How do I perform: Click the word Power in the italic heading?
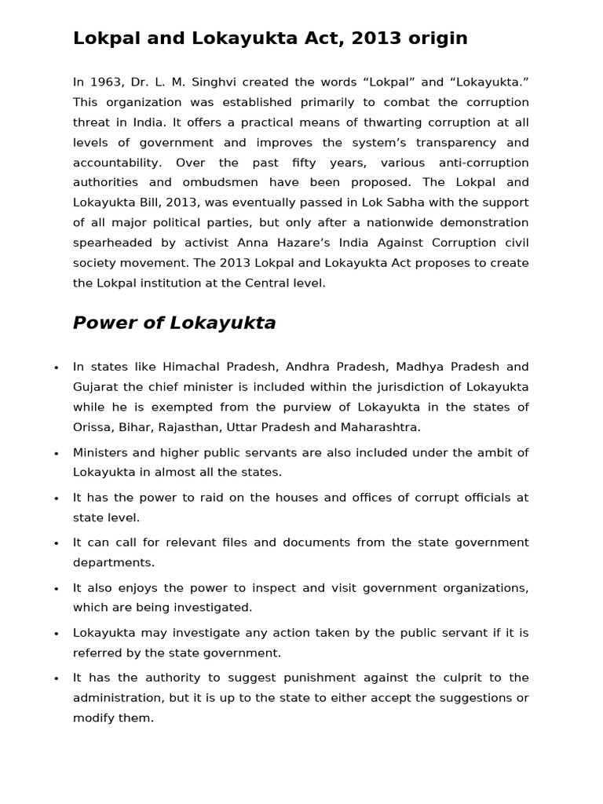[104, 323]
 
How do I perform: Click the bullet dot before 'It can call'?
[56, 543]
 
